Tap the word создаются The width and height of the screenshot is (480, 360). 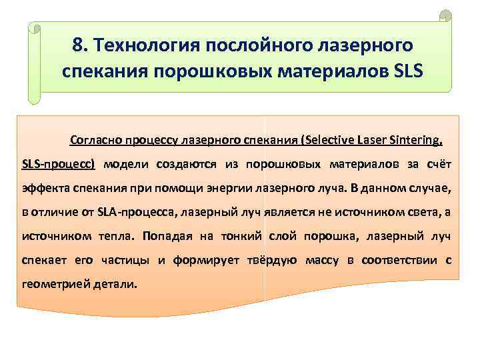point(193,164)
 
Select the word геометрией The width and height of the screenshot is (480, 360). point(51,284)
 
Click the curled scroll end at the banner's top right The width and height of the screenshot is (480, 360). point(445,15)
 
